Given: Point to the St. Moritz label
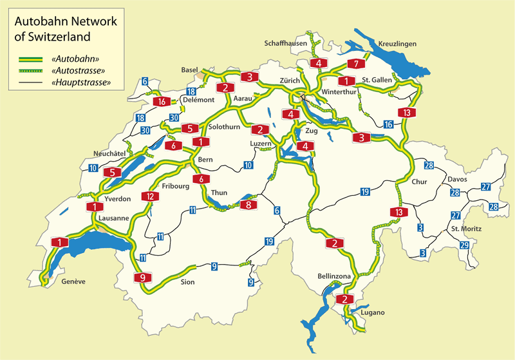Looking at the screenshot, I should click(x=467, y=229).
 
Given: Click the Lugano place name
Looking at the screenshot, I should click(x=373, y=312).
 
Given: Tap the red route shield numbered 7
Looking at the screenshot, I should click(x=355, y=64).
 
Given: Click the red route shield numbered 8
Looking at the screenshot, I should click(x=249, y=205).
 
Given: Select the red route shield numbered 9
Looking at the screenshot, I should click(x=143, y=278).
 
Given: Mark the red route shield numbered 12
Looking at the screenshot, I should click(x=149, y=196).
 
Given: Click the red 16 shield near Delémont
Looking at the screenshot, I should click(x=163, y=101).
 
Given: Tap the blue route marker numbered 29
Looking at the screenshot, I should click(x=465, y=245).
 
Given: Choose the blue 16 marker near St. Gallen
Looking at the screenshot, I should click(x=388, y=124).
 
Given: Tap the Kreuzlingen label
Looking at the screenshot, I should click(x=397, y=43).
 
